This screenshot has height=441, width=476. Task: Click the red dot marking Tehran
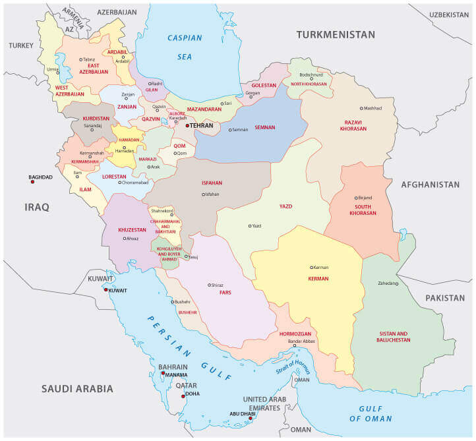point(187,125)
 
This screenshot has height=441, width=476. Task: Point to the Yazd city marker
point(250,226)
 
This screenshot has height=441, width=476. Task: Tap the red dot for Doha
point(184,396)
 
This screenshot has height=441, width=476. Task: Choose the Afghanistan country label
point(430,185)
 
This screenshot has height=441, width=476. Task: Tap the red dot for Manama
point(163,374)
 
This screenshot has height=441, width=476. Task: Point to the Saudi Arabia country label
point(77,388)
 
